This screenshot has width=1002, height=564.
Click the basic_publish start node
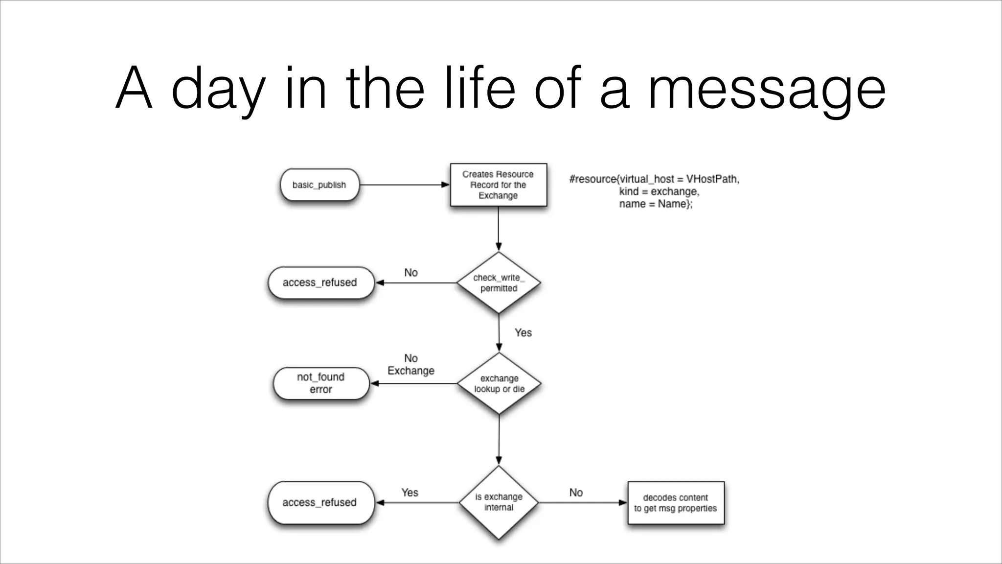[x=319, y=185]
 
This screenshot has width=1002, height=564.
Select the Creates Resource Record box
[x=498, y=185]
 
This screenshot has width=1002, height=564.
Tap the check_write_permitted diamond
[x=499, y=283]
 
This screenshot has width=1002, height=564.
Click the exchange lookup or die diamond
[x=499, y=384]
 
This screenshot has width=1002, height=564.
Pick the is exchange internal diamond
[x=499, y=502]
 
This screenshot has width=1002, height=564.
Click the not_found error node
[x=321, y=383]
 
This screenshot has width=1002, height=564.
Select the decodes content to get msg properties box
[x=676, y=503]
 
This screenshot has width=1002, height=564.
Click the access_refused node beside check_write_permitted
[x=320, y=282]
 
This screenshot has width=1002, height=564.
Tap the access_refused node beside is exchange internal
[x=320, y=502]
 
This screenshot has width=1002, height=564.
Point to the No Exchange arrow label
[x=411, y=365]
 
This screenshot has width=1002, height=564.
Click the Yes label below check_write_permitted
[x=523, y=333]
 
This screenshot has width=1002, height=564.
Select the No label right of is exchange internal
[x=576, y=493]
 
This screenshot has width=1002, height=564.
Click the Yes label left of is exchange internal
[x=410, y=493]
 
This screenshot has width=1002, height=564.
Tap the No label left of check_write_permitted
[x=411, y=273]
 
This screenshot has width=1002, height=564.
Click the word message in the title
[x=767, y=89]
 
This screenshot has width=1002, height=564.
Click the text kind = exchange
[x=659, y=191]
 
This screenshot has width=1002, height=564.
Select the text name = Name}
[x=656, y=204]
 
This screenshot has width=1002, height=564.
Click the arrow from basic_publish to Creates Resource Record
[x=404, y=185]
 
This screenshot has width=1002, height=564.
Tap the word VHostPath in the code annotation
[x=712, y=179]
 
